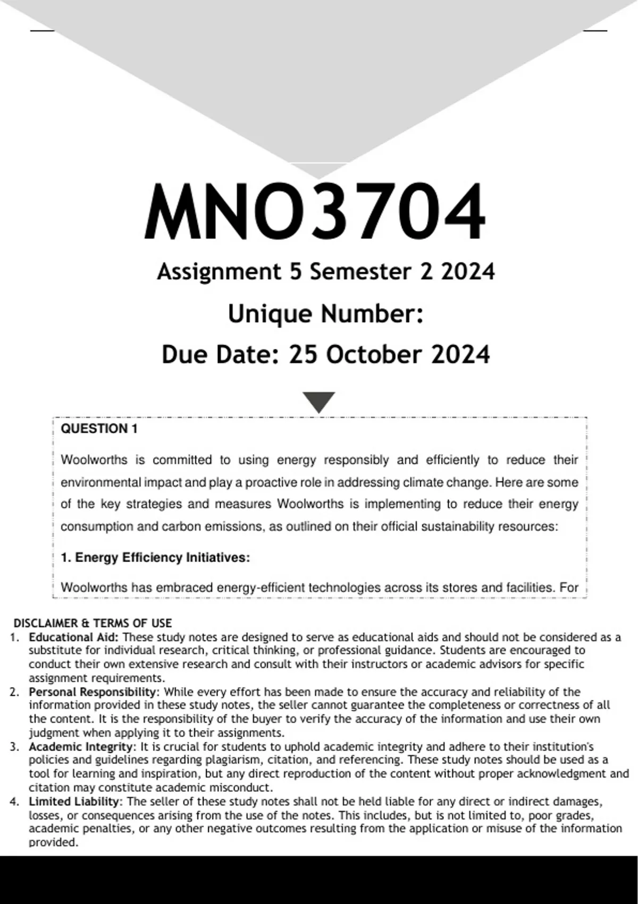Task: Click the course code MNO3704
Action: (x=315, y=212)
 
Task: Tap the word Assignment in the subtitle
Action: (x=219, y=272)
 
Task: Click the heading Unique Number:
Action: (x=325, y=314)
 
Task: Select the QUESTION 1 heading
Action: (x=99, y=429)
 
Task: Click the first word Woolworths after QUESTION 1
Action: (x=94, y=459)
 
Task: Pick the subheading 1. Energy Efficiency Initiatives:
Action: (x=155, y=557)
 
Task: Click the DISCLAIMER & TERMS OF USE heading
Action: (x=93, y=623)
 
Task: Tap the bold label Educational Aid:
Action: (x=74, y=637)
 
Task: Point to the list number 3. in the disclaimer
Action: (x=14, y=747)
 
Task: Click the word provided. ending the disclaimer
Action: (x=53, y=842)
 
